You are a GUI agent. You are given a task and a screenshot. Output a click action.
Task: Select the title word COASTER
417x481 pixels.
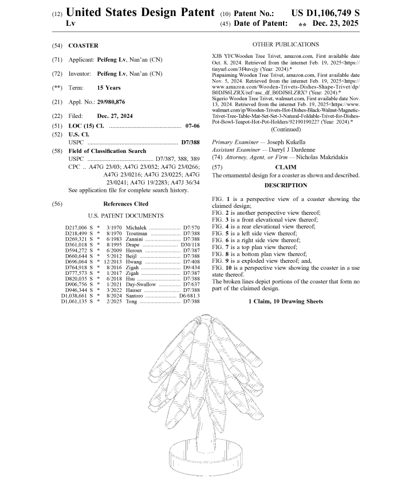(x=83, y=45)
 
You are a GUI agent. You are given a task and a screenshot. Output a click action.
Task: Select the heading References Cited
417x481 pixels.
(x=125, y=203)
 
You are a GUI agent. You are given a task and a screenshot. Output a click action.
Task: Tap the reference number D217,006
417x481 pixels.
(x=79, y=228)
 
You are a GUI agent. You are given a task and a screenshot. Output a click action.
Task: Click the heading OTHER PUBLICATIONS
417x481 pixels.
(x=285, y=45)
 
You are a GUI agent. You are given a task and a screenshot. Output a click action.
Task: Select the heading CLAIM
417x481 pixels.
(x=286, y=167)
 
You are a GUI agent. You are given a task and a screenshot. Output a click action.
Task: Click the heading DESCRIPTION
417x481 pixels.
(x=286, y=185)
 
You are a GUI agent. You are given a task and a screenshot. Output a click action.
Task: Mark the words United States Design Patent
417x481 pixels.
(x=141, y=13)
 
